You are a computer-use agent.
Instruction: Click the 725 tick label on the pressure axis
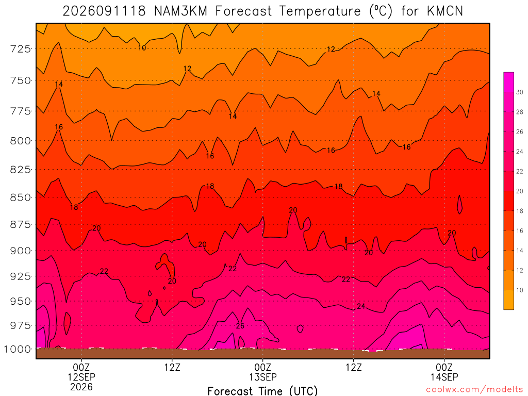click(21, 49)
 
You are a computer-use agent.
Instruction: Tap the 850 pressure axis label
click(21, 197)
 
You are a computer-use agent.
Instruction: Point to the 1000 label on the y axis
click(18, 349)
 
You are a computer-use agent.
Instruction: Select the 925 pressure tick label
click(21, 276)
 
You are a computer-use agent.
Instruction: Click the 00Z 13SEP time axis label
click(262, 372)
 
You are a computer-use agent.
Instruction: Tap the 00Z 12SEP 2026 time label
click(81, 377)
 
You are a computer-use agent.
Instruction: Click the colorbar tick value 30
click(520, 92)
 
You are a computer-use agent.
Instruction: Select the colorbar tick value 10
click(520, 290)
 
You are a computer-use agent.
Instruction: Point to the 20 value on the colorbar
click(520, 191)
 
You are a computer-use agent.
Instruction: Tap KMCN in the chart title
click(445, 11)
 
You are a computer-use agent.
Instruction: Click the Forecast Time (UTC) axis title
click(262, 391)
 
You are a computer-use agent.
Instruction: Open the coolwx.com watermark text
click(474, 390)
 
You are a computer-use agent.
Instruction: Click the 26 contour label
click(240, 326)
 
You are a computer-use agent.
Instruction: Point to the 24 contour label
click(361, 306)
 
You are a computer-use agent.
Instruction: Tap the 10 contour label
click(142, 48)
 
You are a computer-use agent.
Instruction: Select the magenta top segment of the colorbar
click(509, 82)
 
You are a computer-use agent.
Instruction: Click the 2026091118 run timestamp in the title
click(104, 11)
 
